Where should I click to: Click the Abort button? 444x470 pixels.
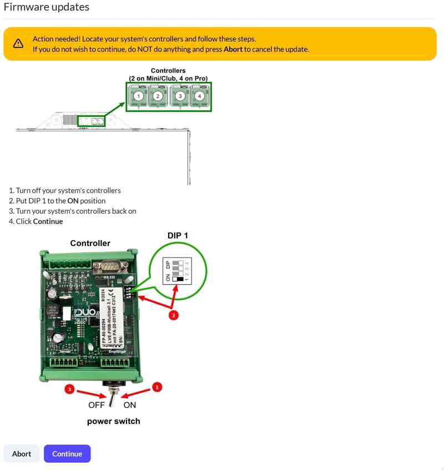22,453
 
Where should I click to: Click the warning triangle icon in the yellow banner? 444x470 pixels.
18,44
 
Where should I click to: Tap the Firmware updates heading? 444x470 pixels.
47,7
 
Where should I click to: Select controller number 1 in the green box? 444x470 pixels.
139,96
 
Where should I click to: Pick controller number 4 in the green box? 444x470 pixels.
200,96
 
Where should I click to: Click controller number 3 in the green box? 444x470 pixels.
180,96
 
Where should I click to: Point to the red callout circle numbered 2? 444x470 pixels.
174,315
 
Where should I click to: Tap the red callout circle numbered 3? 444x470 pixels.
69,389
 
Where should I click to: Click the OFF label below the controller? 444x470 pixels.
97,405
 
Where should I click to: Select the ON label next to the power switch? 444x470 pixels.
129,405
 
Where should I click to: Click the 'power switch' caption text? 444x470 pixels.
113,421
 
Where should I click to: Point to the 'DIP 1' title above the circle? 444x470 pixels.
178,235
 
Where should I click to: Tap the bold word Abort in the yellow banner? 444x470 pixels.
233,49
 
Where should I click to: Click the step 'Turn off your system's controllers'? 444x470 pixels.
68,190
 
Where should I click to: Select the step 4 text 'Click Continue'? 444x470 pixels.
39,221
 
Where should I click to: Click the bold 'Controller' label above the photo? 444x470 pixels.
90,243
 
